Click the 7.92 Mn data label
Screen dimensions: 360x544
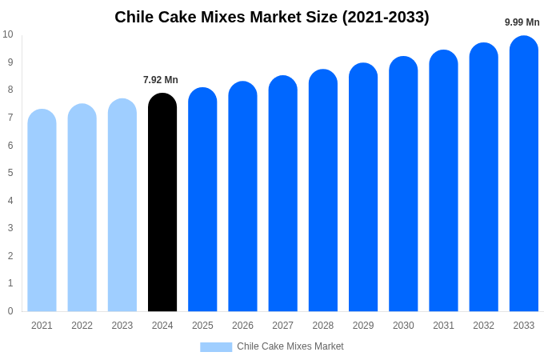point(161,80)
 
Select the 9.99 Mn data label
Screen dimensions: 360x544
point(522,22)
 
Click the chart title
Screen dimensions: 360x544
point(272,17)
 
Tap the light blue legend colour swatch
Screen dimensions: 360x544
point(216,347)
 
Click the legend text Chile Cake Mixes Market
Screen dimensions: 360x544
point(290,346)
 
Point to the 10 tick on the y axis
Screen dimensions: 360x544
point(8,34)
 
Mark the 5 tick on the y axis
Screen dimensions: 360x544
point(10,173)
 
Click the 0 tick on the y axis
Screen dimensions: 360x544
point(10,311)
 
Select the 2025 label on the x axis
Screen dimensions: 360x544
point(202,326)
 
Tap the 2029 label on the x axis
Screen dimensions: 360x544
point(363,326)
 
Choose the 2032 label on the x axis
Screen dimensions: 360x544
point(483,326)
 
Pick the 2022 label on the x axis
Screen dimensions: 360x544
point(82,326)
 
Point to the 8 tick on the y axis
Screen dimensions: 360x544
point(10,90)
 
